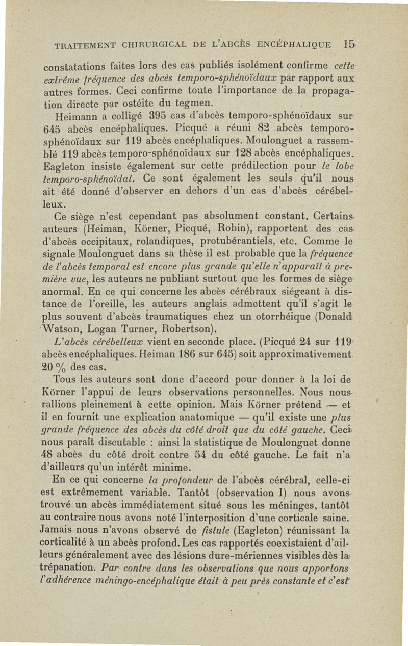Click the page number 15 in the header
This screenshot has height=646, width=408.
click(349, 45)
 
